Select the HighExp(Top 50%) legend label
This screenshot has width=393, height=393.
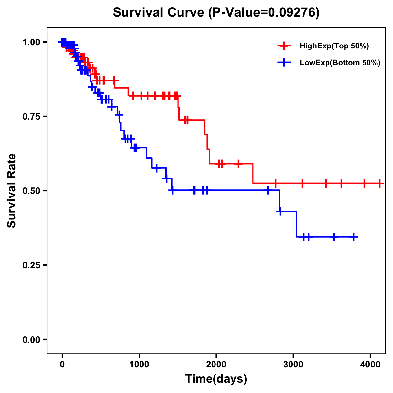[x=334, y=46]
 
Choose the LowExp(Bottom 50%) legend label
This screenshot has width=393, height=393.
[x=340, y=63]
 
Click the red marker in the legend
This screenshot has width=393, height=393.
[x=284, y=46]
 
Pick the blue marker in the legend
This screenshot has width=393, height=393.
[x=284, y=63]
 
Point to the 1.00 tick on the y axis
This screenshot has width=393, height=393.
[x=31, y=42]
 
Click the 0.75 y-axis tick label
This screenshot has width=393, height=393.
[x=31, y=116]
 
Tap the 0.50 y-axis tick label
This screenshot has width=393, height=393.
[x=31, y=191]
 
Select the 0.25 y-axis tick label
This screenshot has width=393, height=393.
[x=31, y=265]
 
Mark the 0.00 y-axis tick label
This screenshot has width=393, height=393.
[x=31, y=339]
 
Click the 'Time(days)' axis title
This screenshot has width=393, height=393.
[x=216, y=379]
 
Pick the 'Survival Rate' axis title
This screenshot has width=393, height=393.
[x=12, y=191]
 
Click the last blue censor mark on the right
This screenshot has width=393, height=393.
[x=354, y=237]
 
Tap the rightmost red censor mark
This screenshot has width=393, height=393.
[x=379, y=183]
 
